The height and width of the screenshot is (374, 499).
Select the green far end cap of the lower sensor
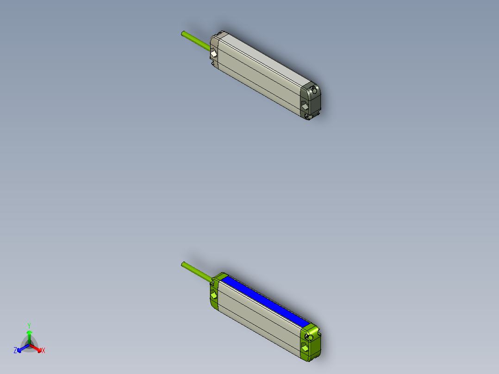(x=311, y=342)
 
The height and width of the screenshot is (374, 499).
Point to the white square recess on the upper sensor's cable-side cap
(x=213, y=55)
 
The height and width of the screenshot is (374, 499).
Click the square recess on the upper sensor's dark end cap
(x=305, y=106)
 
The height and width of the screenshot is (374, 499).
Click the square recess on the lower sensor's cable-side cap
(x=213, y=295)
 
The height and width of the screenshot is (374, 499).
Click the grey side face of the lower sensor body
(x=257, y=319)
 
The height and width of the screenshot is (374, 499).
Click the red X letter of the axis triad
(x=44, y=351)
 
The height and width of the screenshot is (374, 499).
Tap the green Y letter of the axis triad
(x=29, y=325)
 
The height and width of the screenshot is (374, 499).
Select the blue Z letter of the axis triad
(x=15, y=351)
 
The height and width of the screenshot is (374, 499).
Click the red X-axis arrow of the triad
(x=37, y=348)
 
